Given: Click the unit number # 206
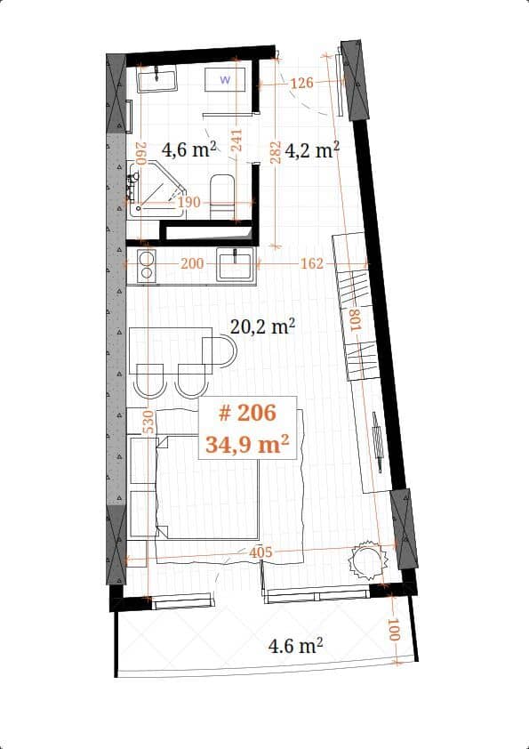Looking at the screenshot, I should (x=247, y=413).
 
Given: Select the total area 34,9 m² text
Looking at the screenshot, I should (x=247, y=444).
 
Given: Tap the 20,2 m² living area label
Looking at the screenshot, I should (x=262, y=327).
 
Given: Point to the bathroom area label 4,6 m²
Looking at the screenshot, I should (x=189, y=149).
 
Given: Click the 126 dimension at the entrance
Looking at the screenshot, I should (x=302, y=84).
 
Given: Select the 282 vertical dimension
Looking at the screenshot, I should (x=276, y=151).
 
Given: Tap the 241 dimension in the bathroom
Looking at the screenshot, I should (x=236, y=143).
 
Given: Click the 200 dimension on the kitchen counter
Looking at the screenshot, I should (x=192, y=264).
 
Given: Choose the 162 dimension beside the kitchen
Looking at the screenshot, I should (x=311, y=264).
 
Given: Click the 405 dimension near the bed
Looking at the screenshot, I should (x=260, y=552).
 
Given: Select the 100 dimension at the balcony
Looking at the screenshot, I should (x=395, y=632).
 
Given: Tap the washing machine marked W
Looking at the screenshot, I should (x=225, y=80).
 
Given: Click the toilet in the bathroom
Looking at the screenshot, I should (x=222, y=194).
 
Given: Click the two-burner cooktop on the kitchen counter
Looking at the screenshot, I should (x=144, y=264).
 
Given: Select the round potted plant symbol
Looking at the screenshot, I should (x=368, y=560).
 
